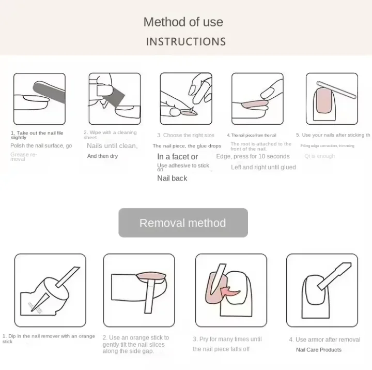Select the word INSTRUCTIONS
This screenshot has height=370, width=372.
(x=185, y=41)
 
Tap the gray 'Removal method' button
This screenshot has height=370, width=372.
(x=183, y=223)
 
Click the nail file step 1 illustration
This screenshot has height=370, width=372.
(x=39, y=99)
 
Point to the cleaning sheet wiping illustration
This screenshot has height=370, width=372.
(x=114, y=99)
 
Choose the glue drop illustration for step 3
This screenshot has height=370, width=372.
(x=185, y=99)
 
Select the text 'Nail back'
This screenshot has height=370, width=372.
(x=172, y=179)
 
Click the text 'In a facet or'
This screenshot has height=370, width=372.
(x=177, y=157)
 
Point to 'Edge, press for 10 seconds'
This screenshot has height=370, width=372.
(x=253, y=156)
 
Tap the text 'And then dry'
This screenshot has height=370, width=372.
(x=102, y=156)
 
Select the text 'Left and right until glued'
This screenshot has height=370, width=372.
(x=263, y=167)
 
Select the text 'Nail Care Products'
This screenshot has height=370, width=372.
(x=318, y=350)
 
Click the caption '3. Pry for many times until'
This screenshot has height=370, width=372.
(x=227, y=339)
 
